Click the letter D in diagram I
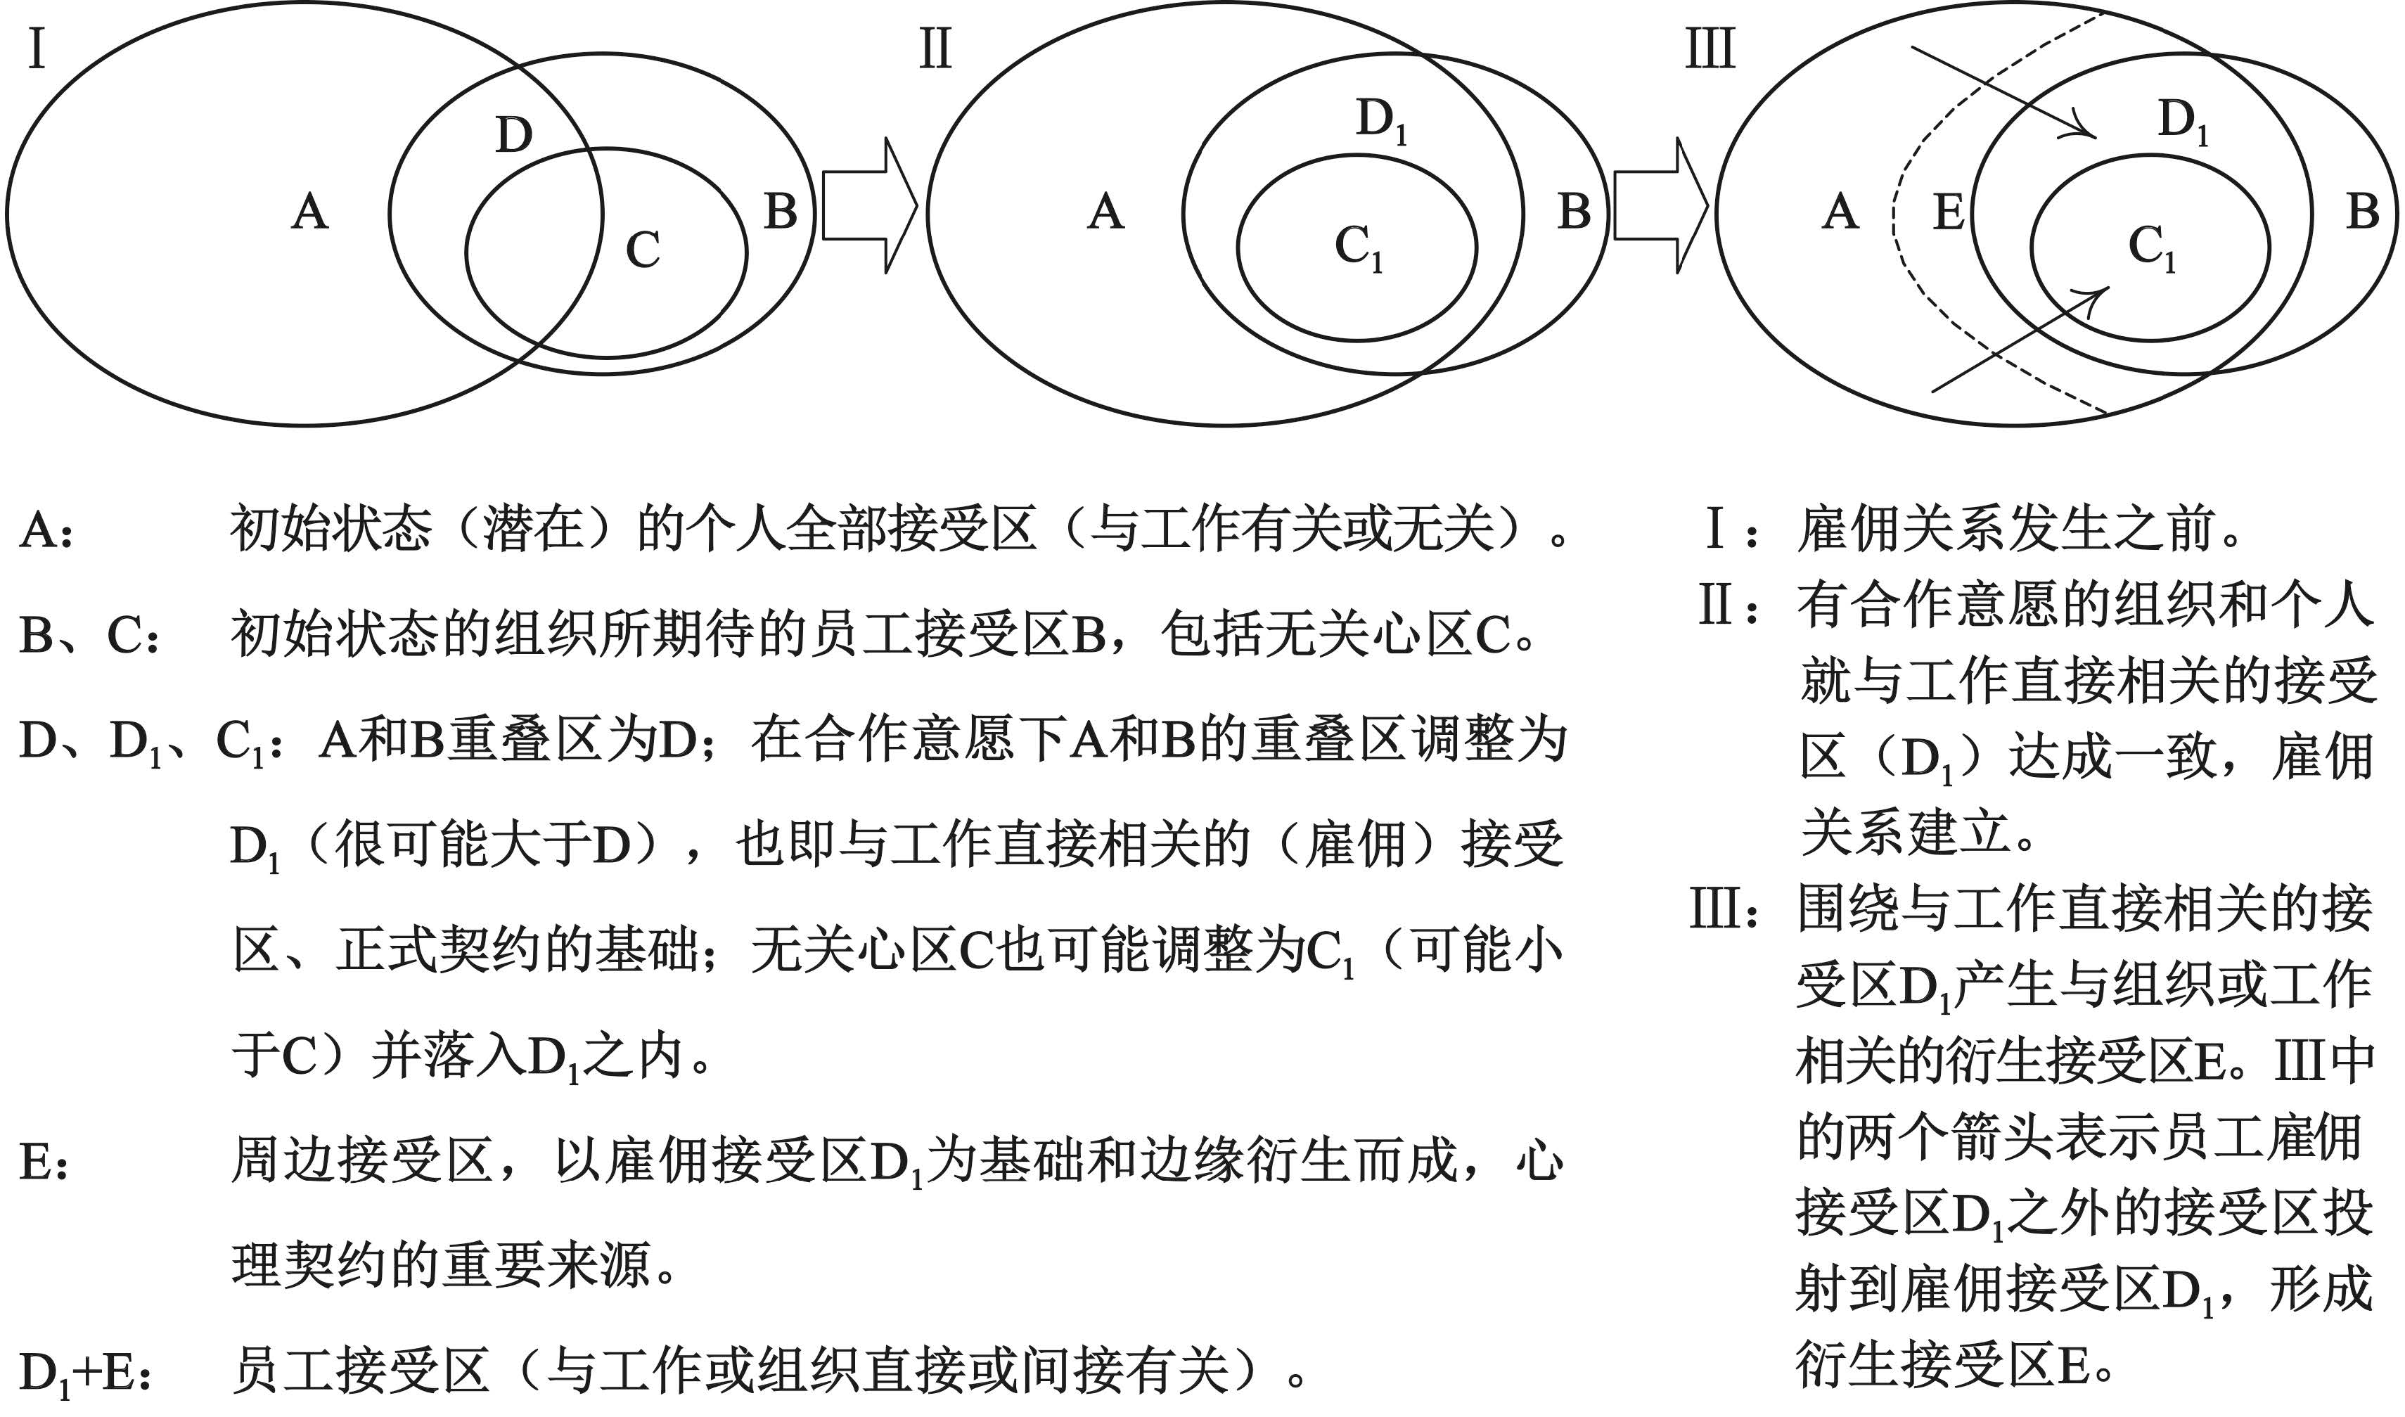pos(513,136)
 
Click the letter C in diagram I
pos(643,251)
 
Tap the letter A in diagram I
pos(309,211)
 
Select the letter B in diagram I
pos(780,212)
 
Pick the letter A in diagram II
pos(1105,211)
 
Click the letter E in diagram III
pos(1949,212)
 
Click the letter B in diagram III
pos(2363,212)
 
